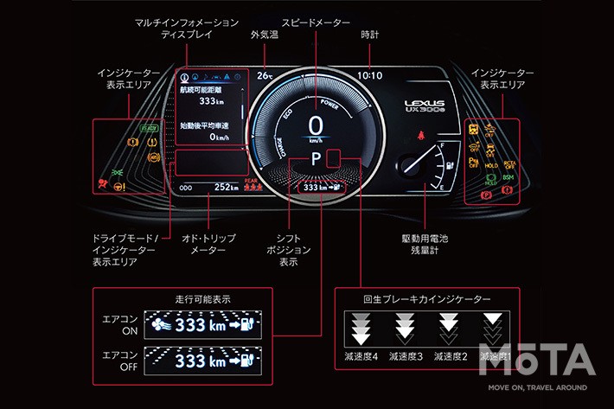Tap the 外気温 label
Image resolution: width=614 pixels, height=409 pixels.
click(264, 35)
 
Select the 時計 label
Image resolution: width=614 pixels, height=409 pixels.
click(369, 35)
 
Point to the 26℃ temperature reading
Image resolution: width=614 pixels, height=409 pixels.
click(265, 75)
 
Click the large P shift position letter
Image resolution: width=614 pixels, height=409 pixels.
click(317, 159)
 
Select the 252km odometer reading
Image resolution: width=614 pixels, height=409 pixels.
click(227, 187)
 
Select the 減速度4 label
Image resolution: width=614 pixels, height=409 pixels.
click(361, 355)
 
